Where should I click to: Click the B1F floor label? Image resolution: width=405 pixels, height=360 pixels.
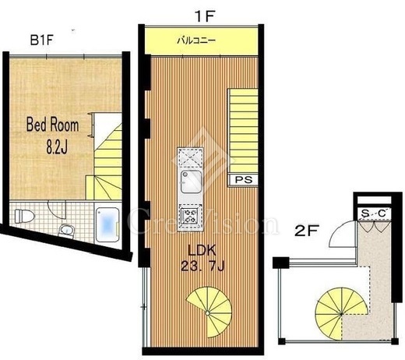click(42, 41)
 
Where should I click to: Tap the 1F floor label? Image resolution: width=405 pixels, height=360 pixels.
click(204, 17)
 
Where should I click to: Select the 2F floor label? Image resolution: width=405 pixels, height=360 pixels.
click(307, 231)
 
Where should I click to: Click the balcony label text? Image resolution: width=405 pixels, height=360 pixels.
click(196, 41)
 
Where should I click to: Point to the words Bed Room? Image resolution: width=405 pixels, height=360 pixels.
click(53, 125)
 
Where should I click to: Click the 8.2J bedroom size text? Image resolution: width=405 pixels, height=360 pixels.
click(57, 147)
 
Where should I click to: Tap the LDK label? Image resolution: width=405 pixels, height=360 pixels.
click(202, 250)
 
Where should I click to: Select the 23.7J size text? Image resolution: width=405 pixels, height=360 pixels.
click(202, 266)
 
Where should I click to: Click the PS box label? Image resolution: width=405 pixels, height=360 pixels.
click(243, 180)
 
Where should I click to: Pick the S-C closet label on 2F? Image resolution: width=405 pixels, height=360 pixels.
click(374, 214)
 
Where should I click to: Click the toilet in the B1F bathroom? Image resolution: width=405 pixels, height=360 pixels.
click(24, 216)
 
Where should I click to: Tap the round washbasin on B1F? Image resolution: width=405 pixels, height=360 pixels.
click(67, 231)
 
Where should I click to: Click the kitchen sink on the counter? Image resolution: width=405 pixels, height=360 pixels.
click(191, 182)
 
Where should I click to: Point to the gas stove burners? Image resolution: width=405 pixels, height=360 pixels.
click(190, 216)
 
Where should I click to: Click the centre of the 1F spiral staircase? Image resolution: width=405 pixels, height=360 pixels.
click(208, 312)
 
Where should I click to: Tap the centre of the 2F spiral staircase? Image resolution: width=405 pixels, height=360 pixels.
click(341, 314)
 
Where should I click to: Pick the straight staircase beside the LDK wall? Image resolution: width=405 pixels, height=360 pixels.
click(243, 130)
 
